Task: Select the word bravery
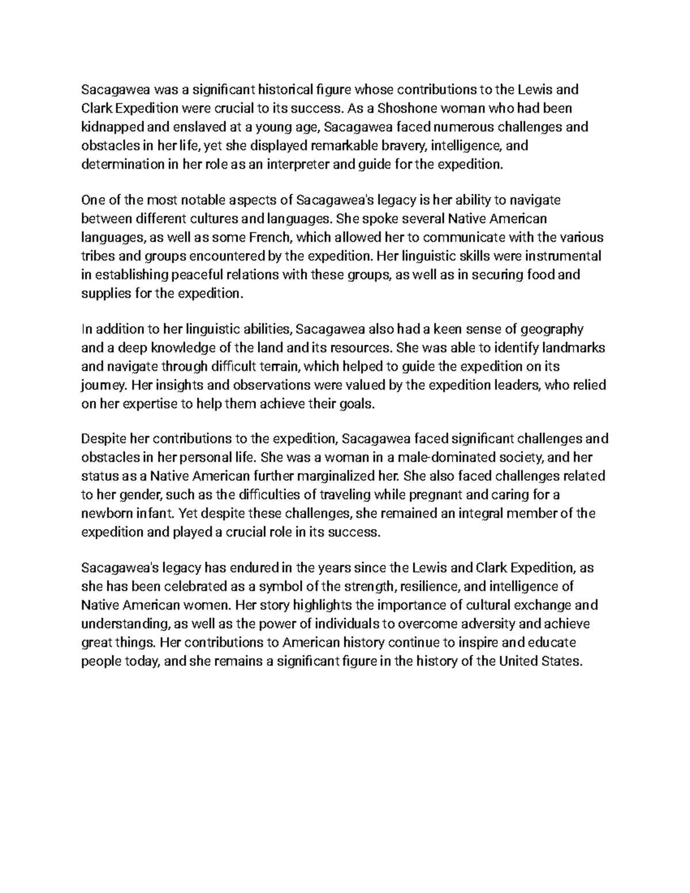pyautogui.click(x=398, y=145)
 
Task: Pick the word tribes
pyautogui.click(x=97, y=256)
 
